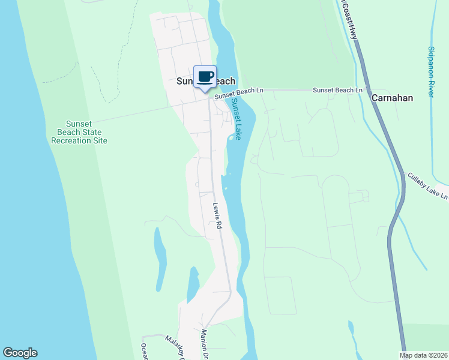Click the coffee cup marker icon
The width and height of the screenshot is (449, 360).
pyautogui.click(x=205, y=77)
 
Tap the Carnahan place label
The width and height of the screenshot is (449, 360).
pyautogui.click(x=392, y=97)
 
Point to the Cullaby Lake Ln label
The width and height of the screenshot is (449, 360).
pyautogui.click(x=428, y=186)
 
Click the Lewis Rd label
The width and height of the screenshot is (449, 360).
pyautogui.click(x=217, y=216)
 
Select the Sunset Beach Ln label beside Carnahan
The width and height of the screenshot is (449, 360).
pyautogui.click(x=338, y=90)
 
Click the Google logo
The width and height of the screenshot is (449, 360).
pyautogui.click(x=20, y=353)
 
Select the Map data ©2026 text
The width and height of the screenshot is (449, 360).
pyautogui.click(x=423, y=355)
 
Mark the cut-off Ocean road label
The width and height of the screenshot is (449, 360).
pyautogui.click(x=144, y=351)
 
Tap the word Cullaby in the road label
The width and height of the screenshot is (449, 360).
pyautogui.click(x=420, y=181)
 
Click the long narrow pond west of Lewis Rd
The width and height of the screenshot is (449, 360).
pyautogui.click(x=160, y=258)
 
